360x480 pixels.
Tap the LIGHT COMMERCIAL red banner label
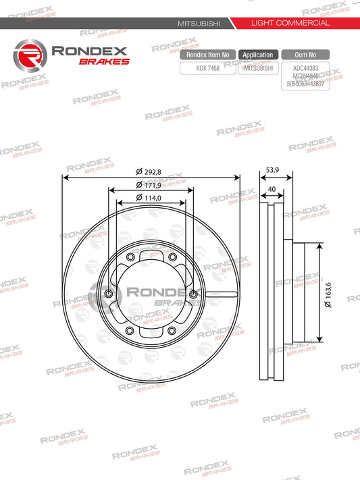290,23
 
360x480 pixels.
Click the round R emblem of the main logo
30,54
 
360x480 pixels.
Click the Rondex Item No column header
207,55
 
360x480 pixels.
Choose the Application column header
257,55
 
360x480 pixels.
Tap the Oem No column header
307,55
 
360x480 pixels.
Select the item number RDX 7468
207,68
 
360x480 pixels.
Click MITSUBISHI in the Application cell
257,68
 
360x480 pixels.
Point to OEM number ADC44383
307,68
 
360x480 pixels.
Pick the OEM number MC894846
307,77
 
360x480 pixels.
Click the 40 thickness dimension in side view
271,190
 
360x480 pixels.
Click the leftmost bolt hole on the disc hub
109,294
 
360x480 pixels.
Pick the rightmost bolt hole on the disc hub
194,294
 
